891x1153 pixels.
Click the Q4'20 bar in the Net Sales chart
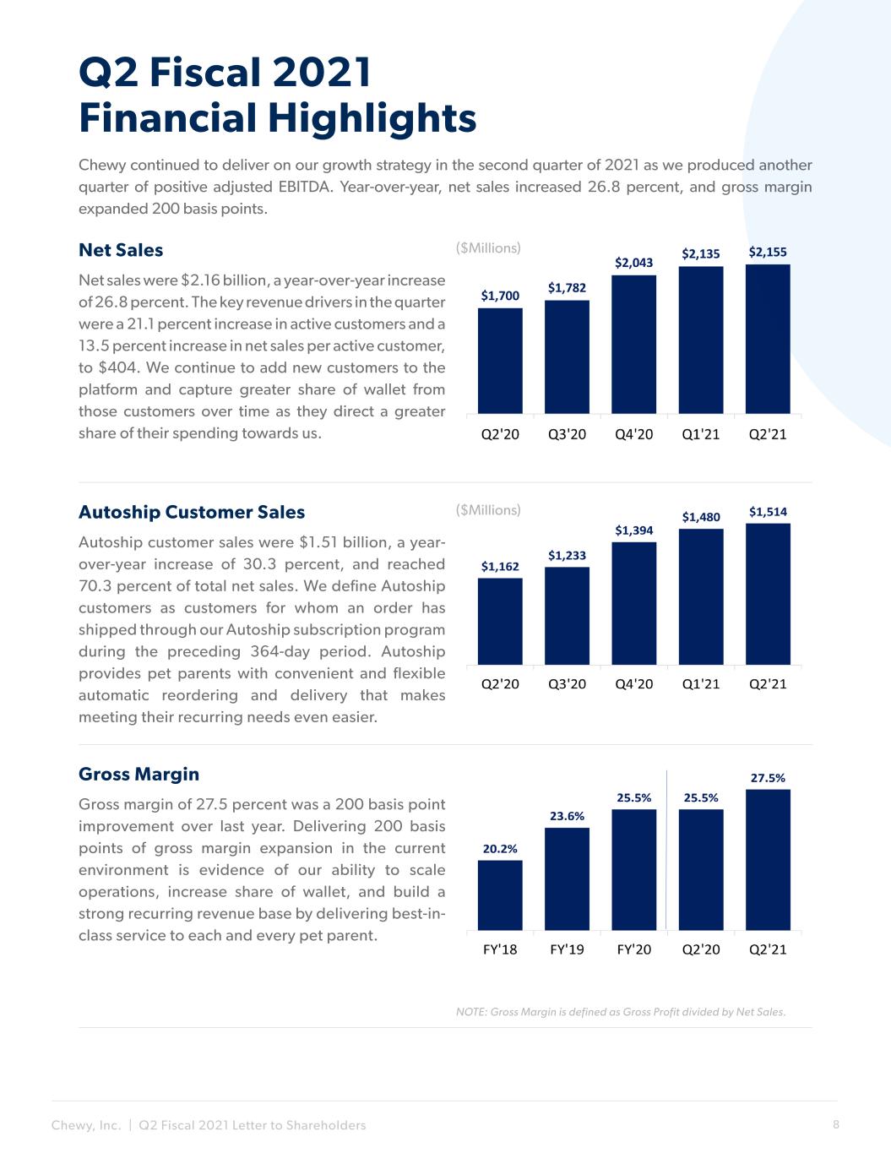point(633,344)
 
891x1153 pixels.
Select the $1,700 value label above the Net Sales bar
point(500,296)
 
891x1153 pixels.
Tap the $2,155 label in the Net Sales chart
point(768,252)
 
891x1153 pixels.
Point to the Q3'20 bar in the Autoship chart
point(567,616)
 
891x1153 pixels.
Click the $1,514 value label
point(768,512)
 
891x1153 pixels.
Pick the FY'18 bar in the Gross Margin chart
point(500,895)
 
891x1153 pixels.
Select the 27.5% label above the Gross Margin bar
point(768,779)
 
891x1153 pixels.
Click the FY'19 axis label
point(567,949)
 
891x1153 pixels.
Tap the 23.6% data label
point(567,816)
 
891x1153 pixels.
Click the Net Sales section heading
point(121,250)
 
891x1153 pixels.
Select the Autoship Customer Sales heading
point(192,512)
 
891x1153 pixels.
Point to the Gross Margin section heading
point(139,774)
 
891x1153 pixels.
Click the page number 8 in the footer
point(836,1124)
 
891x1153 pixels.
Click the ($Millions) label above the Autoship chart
point(488,510)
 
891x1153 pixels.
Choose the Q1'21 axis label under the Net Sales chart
point(701,434)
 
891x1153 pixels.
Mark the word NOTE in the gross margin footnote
point(471,1012)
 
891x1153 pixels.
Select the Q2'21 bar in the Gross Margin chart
point(768,860)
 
